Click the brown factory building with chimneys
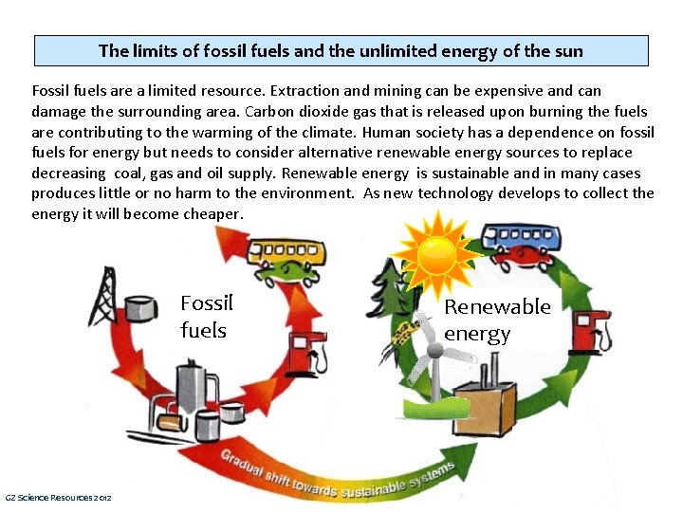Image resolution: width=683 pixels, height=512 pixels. click(x=483, y=403)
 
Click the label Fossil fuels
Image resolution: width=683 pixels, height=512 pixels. click(x=206, y=317)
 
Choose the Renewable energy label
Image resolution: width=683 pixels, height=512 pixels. click(x=497, y=320)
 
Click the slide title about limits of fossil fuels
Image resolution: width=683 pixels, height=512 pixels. click(x=341, y=51)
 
